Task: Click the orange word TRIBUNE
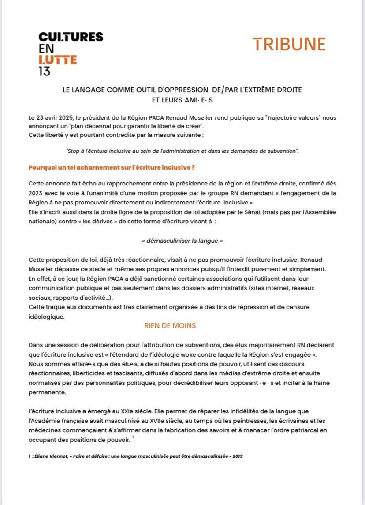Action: (x=289, y=44)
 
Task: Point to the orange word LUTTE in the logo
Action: (x=58, y=60)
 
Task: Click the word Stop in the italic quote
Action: (x=73, y=151)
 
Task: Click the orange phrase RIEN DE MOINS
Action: (x=171, y=326)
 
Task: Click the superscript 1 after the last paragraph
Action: (x=133, y=436)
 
